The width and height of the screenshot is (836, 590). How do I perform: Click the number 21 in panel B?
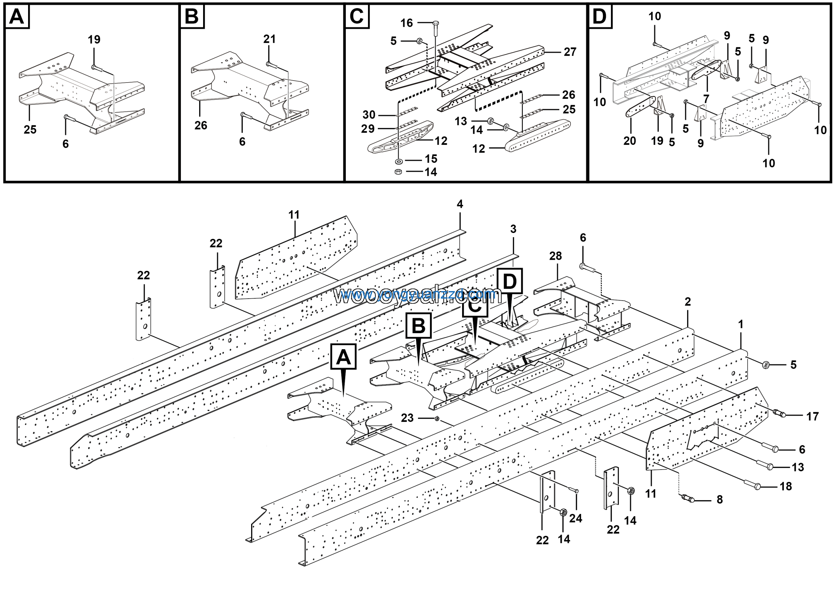tap(269, 39)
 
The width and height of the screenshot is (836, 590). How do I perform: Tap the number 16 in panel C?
tap(406, 23)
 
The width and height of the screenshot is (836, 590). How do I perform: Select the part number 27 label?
tap(570, 52)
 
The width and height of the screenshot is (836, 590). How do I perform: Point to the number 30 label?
tap(369, 115)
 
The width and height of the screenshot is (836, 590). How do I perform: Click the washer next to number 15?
tap(399, 161)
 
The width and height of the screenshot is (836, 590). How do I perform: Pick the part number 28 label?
tap(555, 256)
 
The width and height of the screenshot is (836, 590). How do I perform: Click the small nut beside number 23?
tap(437, 419)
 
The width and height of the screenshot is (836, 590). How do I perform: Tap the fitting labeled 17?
tap(778, 413)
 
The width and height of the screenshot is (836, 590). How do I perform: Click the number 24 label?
tap(575, 518)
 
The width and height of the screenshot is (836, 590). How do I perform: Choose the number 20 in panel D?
tap(630, 141)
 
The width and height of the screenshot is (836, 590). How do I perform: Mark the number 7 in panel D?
tap(706, 99)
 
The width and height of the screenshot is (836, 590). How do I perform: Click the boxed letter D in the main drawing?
tap(509, 281)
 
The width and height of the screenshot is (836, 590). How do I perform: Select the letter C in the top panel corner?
tap(357, 16)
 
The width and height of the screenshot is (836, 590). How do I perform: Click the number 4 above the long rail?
tap(460, 204)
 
